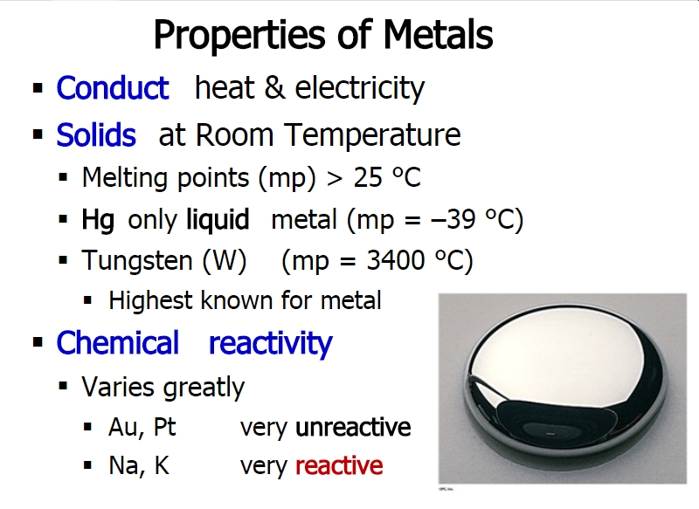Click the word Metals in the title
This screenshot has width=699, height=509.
tap(438, 35)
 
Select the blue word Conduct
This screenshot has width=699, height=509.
tap(113, 87)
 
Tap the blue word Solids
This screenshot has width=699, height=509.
tap(96, 134)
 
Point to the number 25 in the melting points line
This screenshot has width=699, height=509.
tap(368, 178)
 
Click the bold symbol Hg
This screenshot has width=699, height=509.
tap(98, 220)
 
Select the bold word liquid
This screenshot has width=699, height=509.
tap(218, 219)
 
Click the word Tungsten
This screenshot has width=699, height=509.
tap(137, 260)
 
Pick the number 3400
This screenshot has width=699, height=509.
tap(396, 260)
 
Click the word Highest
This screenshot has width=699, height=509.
tap(150, 300)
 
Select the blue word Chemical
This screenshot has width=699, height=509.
tap(117, 343)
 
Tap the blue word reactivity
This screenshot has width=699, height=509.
tap(271, 344)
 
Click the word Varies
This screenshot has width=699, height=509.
tap(118, 386)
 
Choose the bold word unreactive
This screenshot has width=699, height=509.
tap(353, 428)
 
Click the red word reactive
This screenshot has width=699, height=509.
tap(339, 466)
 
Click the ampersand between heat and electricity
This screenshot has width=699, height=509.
tap(274, 87)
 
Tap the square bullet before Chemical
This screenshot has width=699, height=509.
tap(38, 342)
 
